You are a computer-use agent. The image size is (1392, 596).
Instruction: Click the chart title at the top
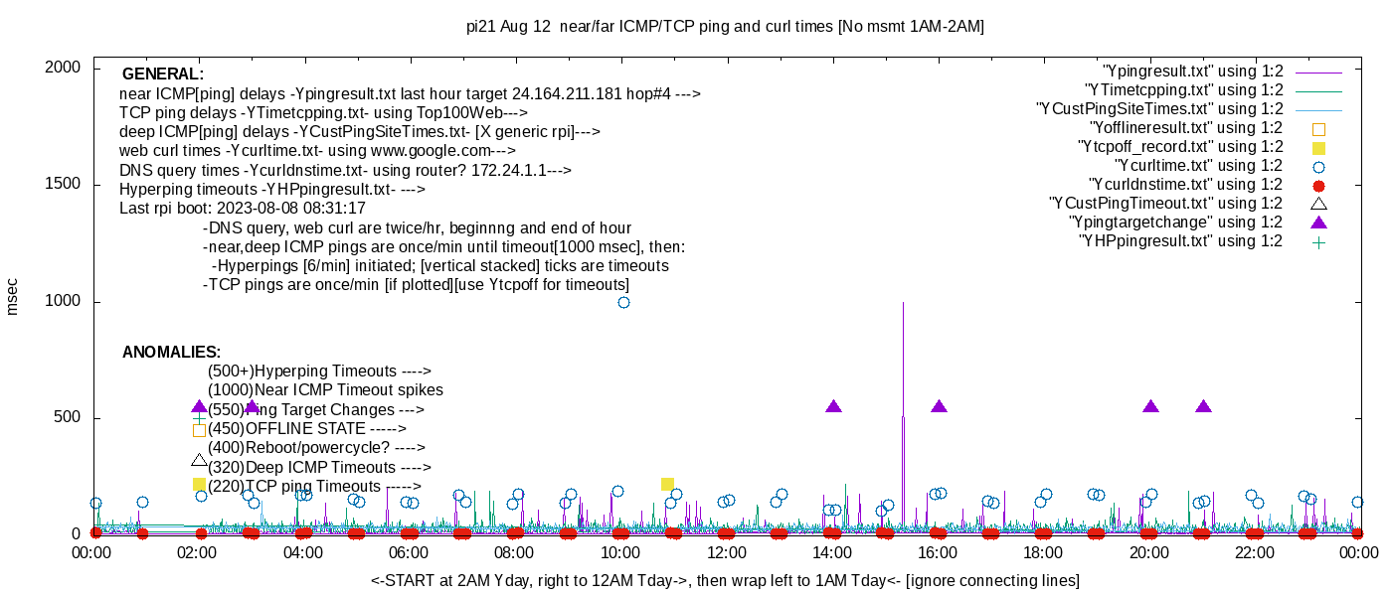[x=725, y=27]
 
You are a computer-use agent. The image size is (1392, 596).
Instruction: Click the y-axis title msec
[x=13, y=296]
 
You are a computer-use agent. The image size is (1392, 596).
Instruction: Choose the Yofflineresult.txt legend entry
[x=1185, y=127]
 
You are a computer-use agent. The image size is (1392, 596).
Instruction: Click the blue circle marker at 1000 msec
[x=623, y=302]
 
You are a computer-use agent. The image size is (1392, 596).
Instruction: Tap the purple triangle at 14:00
[x=833, y=406]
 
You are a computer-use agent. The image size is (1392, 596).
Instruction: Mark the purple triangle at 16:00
[x=939, y=406]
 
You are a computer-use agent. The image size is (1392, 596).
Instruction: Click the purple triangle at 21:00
[x=1203, y=406]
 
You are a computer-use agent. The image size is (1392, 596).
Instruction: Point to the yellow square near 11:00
[x=667, y=484]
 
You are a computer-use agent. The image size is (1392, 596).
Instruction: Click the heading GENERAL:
[x=162, y=74]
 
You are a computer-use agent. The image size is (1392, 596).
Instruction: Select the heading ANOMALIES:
[x=171, y=353]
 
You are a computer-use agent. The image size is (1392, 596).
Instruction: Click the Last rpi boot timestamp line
[x=242, y=209]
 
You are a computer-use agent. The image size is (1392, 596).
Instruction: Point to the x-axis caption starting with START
[x=725, y=580]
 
